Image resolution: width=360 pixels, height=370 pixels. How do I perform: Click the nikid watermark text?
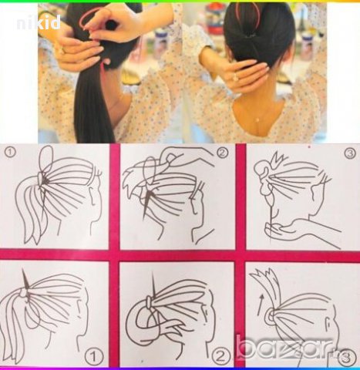click(x=39, y=22)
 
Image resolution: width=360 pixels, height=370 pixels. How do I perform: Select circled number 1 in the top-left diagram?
click(x=10, y=153)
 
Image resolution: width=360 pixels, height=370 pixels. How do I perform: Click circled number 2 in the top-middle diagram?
click(x=222, y=153)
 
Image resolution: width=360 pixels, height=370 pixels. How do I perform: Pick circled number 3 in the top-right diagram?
click(x=350, y=153)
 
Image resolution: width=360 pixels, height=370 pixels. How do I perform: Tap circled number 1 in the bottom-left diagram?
click(x=94, y=356)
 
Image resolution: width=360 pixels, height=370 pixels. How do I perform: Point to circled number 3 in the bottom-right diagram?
click(x=347, y=357)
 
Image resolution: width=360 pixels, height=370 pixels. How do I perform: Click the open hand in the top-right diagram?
click(x=293, y=226)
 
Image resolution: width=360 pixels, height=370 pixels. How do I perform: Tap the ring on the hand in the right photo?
click(x=236, y=77)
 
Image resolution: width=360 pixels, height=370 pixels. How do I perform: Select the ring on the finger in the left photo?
click(x=62, y=49)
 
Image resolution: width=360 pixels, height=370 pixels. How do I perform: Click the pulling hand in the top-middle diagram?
click(x=187, y=156)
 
